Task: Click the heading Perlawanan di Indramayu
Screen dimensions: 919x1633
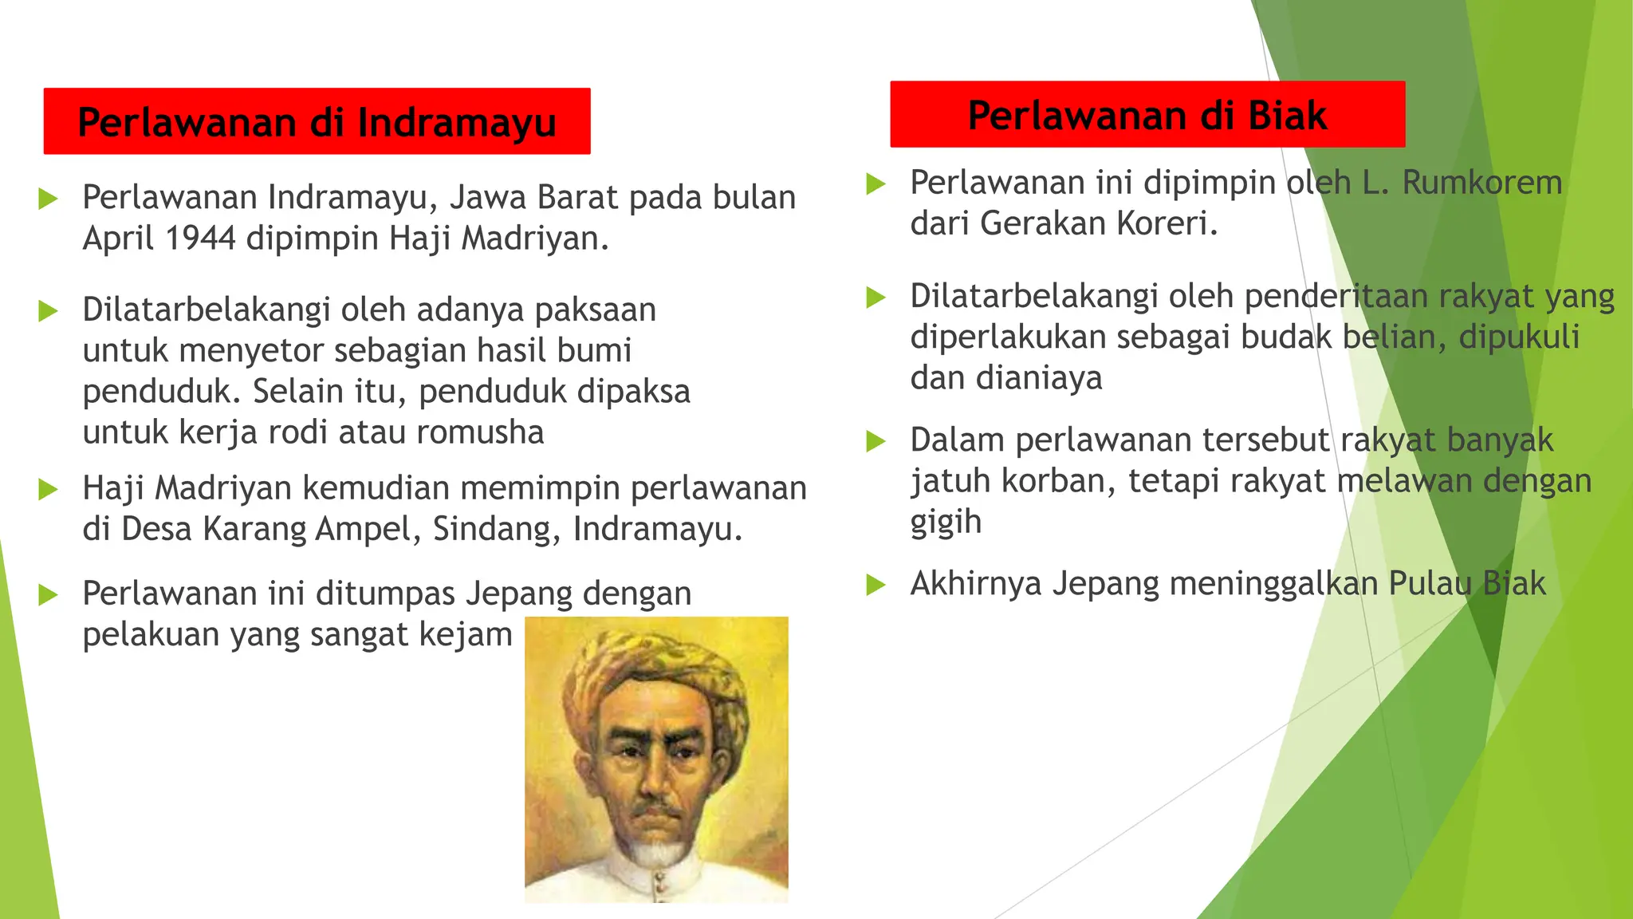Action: click(x=317, y=122)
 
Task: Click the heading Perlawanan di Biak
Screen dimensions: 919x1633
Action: click(x=1147, y=115)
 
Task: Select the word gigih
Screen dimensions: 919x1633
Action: click(x=946, y=523)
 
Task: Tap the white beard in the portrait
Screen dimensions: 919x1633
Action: click(x=656, y=852)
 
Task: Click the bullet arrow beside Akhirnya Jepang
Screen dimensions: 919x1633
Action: click(x=876, y=585)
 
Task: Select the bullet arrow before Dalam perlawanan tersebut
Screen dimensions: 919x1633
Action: click(x=876, y=441)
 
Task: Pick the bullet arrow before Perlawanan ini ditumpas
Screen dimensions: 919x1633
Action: click(x=48, y=594)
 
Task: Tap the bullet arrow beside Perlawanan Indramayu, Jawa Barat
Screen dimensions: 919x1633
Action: click(x=48, y=199)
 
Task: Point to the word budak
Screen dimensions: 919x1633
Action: click(x=1286, y=337)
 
